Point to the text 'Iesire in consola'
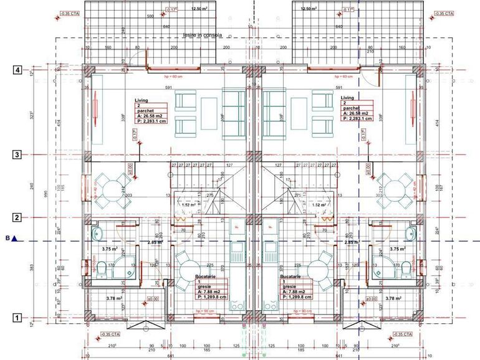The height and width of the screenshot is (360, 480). click(x=203, y=36)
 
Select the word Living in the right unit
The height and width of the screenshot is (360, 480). click(x=347, y=98)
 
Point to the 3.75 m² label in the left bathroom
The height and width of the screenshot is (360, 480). click(x=111, y=248)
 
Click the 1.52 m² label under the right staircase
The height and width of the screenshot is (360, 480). click(x=319, y=204)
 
